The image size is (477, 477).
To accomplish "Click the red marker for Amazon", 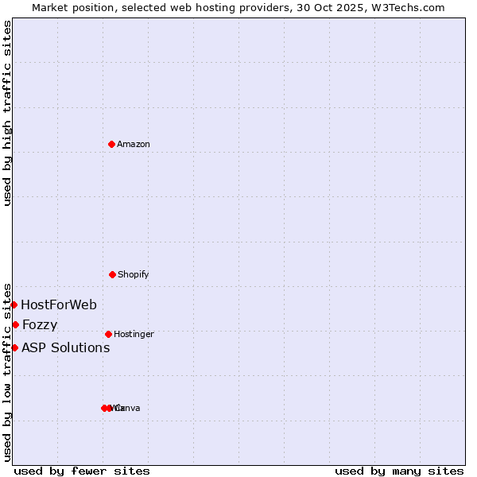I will click(111, 144).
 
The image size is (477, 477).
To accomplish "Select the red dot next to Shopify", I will click(112, 274).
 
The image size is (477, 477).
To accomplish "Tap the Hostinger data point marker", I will click(108, 334).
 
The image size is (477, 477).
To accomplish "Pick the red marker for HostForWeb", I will click(14, 304).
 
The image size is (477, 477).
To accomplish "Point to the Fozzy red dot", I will click(15, 324).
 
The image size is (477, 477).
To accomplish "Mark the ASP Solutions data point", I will click(14, 347).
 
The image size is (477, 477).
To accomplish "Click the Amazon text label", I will click(134, 144).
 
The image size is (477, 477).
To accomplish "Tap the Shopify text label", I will click(134, 274).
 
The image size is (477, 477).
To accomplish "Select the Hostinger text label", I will click(134, 334).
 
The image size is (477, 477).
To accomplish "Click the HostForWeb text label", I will click(59, 304).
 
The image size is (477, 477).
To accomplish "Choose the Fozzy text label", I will click(40, 324).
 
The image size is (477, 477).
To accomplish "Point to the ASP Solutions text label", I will click(65, 347).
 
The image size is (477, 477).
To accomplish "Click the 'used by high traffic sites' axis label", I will click(7, 113).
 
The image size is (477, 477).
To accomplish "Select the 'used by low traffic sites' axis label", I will click(7, 372).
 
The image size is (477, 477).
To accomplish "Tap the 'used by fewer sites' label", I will click(82, 471).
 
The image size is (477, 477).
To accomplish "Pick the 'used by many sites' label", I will click(399, 471).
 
